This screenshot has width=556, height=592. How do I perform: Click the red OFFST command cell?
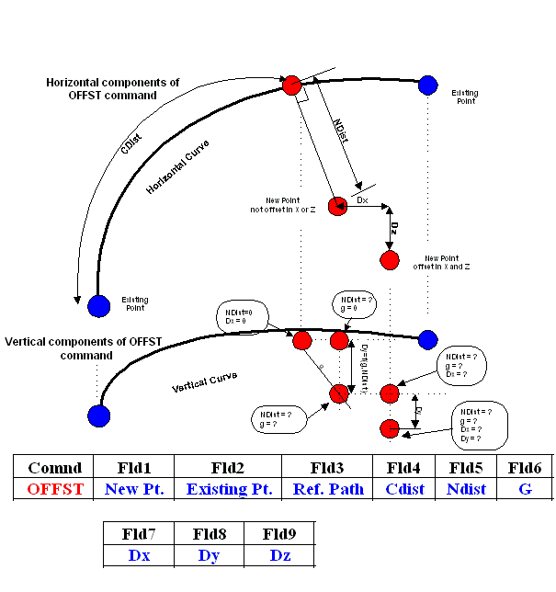(55, 489)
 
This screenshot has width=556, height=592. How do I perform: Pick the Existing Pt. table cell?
(229, 489)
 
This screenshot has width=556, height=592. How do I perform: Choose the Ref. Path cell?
(327, 489)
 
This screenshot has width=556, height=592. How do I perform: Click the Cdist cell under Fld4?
(404, 489)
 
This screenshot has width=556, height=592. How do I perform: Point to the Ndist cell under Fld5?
(466, 489)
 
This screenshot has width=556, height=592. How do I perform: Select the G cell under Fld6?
(526, 489)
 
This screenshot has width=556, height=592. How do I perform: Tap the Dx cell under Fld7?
(140, 554)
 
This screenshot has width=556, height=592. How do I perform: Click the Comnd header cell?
(55, 467)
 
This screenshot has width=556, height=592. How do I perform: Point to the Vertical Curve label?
(204, 382)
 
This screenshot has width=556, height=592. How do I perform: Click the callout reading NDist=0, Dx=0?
(242, 316)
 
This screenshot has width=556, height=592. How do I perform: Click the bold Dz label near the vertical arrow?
(394, 227)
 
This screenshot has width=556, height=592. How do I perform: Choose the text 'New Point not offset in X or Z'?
(290, 204)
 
